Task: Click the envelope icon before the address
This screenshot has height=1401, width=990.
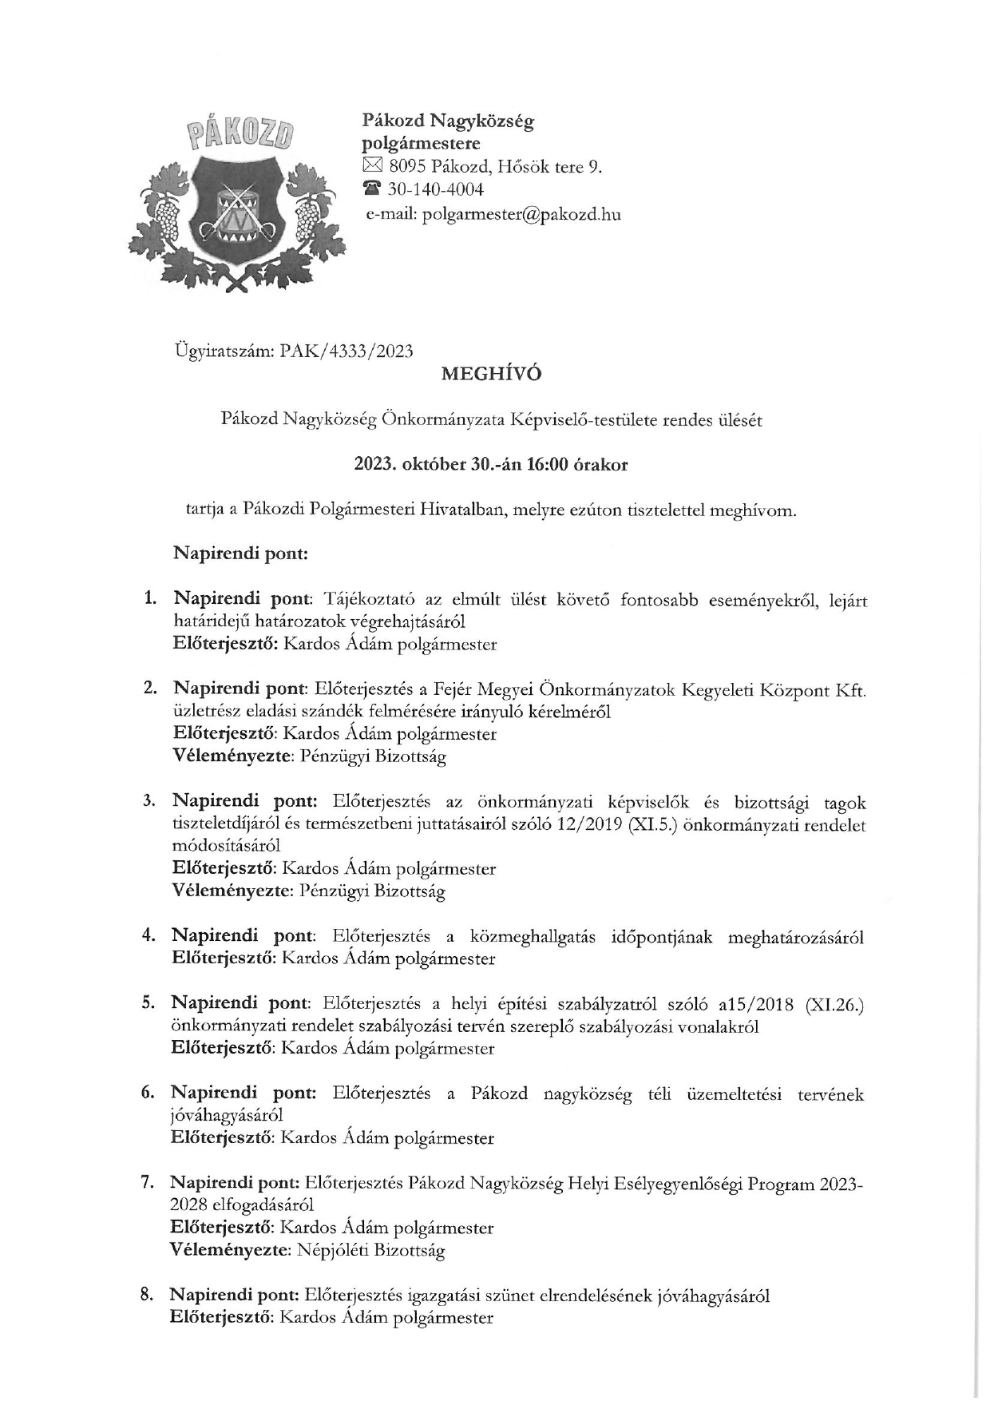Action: [372, 167]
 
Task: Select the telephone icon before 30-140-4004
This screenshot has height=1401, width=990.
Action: [372, 190]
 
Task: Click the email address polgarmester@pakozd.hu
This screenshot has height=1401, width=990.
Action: [521, 214]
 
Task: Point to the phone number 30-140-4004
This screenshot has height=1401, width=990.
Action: [436, 190]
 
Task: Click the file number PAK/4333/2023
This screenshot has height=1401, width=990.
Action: [347, 351]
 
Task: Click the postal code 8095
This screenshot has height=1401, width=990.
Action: [407, 167]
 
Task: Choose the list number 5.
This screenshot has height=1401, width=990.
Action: [148, 1003]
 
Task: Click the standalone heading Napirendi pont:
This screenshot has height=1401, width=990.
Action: [240, 554]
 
